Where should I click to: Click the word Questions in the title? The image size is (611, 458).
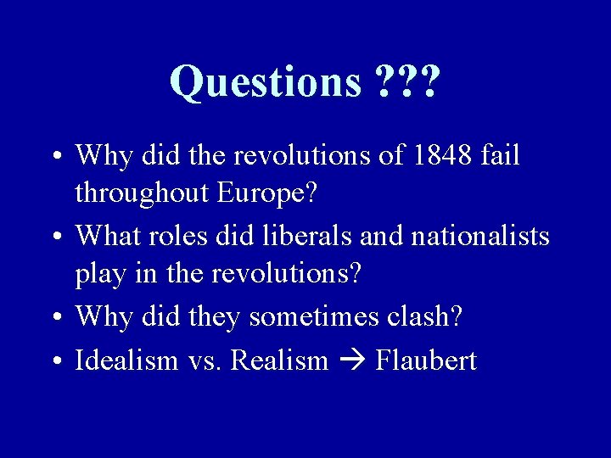[x=266, y=82]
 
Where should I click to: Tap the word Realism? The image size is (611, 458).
[x=279, y=360]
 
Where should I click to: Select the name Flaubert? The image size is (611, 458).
[x=426, y=360]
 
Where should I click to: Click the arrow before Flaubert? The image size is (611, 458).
[x=351, y=361]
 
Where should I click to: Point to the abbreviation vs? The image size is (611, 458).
[x=205, y=361]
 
